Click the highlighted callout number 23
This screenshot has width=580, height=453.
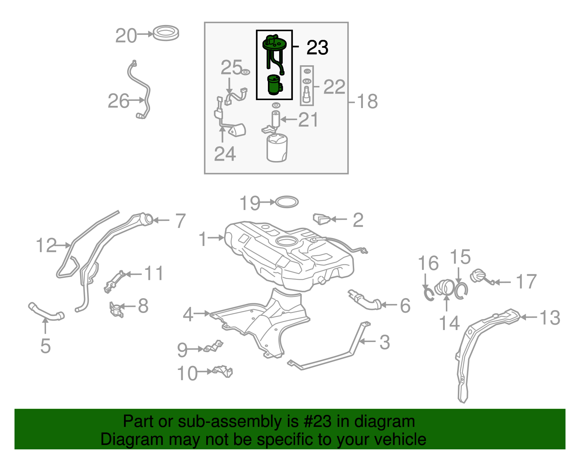(x=317, y=48)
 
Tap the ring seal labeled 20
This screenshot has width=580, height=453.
(x=166, y=33)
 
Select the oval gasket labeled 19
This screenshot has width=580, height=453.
(x=287, y=202)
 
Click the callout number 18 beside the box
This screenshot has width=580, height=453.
(x=367, y=102)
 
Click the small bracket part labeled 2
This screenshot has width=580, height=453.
(x=322, y=219)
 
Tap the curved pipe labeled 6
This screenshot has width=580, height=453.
(x=366, y=300)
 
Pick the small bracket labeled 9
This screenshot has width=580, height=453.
(x=214, y=346)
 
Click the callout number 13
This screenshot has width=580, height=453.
(x=550, y=318)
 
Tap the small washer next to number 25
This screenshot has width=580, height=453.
(x=245, y=72)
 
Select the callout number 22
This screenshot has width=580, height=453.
(x=334, y=87)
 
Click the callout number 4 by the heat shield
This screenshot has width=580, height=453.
(x=188, y=314)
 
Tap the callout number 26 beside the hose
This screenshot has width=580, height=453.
(x=118, y=101)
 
